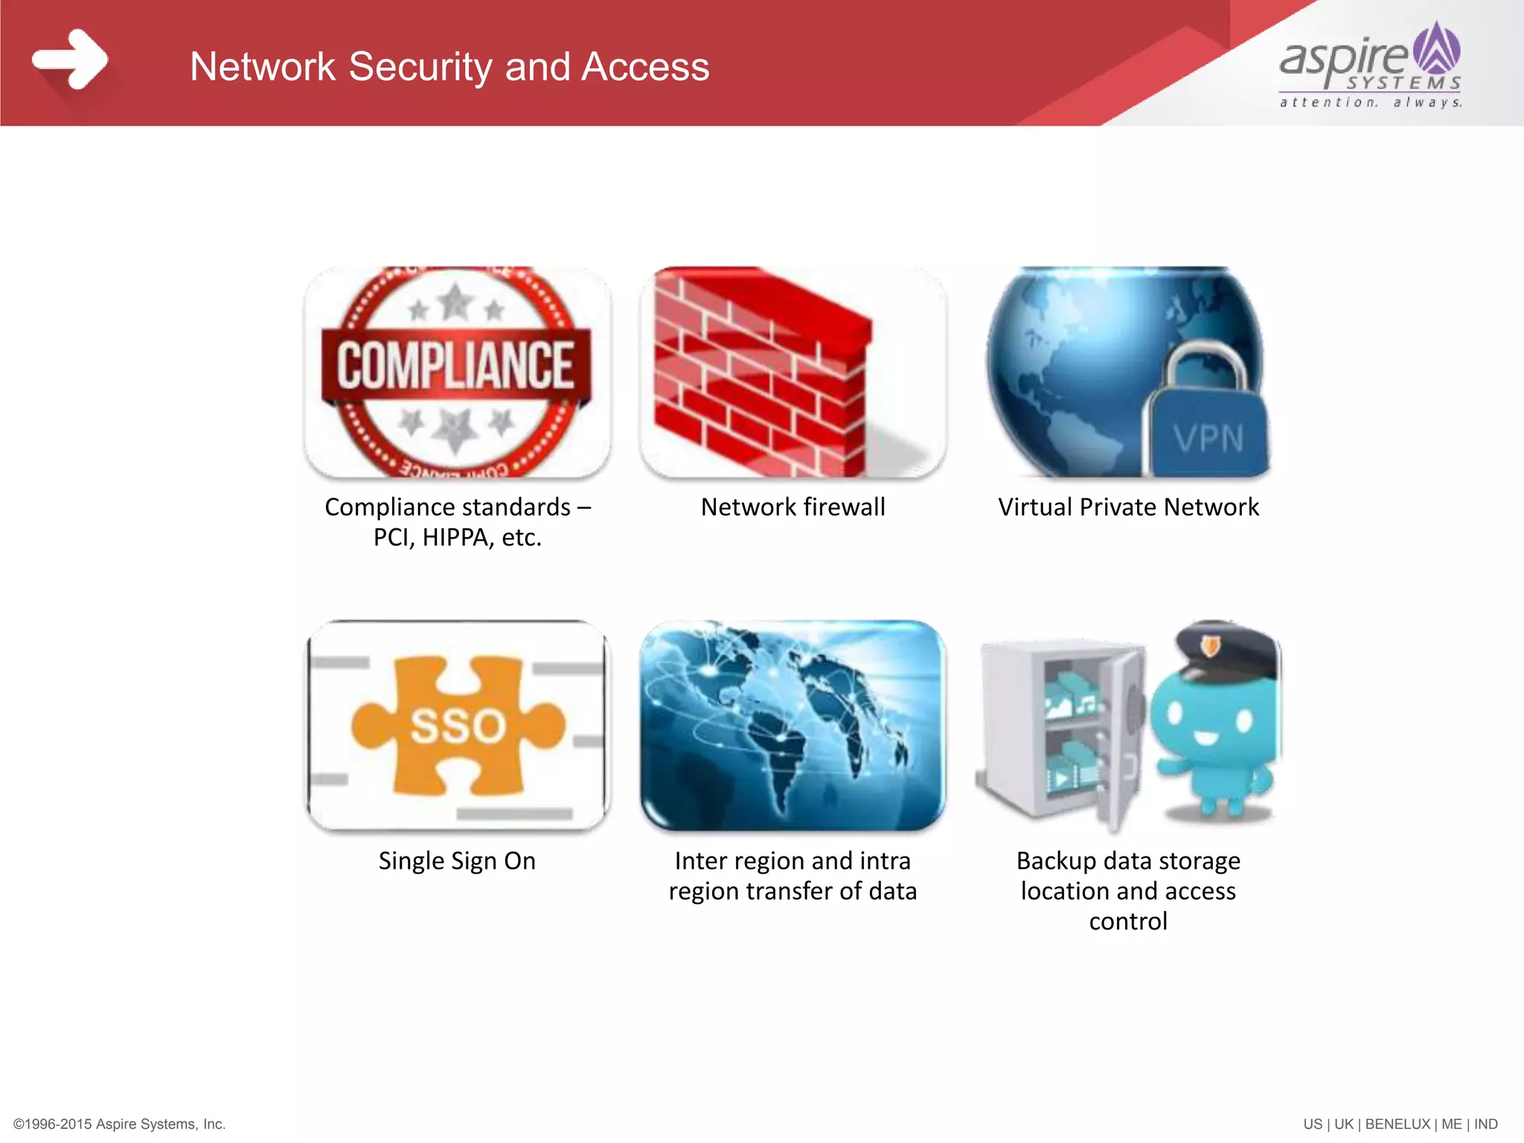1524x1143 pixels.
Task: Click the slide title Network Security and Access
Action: [449, 66]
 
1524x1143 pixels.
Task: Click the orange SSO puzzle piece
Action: [457, 726]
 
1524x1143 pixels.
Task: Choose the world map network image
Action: [793, 726]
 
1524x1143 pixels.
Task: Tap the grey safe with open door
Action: [1060, 729]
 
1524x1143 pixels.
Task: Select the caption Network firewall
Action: [793, 507]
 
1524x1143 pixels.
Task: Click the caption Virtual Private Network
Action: [1128, 507]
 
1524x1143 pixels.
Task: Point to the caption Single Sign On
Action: [457, 861]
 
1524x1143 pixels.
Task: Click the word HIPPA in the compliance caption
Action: [453, 537]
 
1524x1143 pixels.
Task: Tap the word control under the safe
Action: [1128, 921]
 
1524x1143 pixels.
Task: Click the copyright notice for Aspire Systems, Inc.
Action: [120, 1124]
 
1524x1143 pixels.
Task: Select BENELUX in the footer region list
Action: [1397, 1124]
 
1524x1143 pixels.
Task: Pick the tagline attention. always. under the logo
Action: [1370, 102]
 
